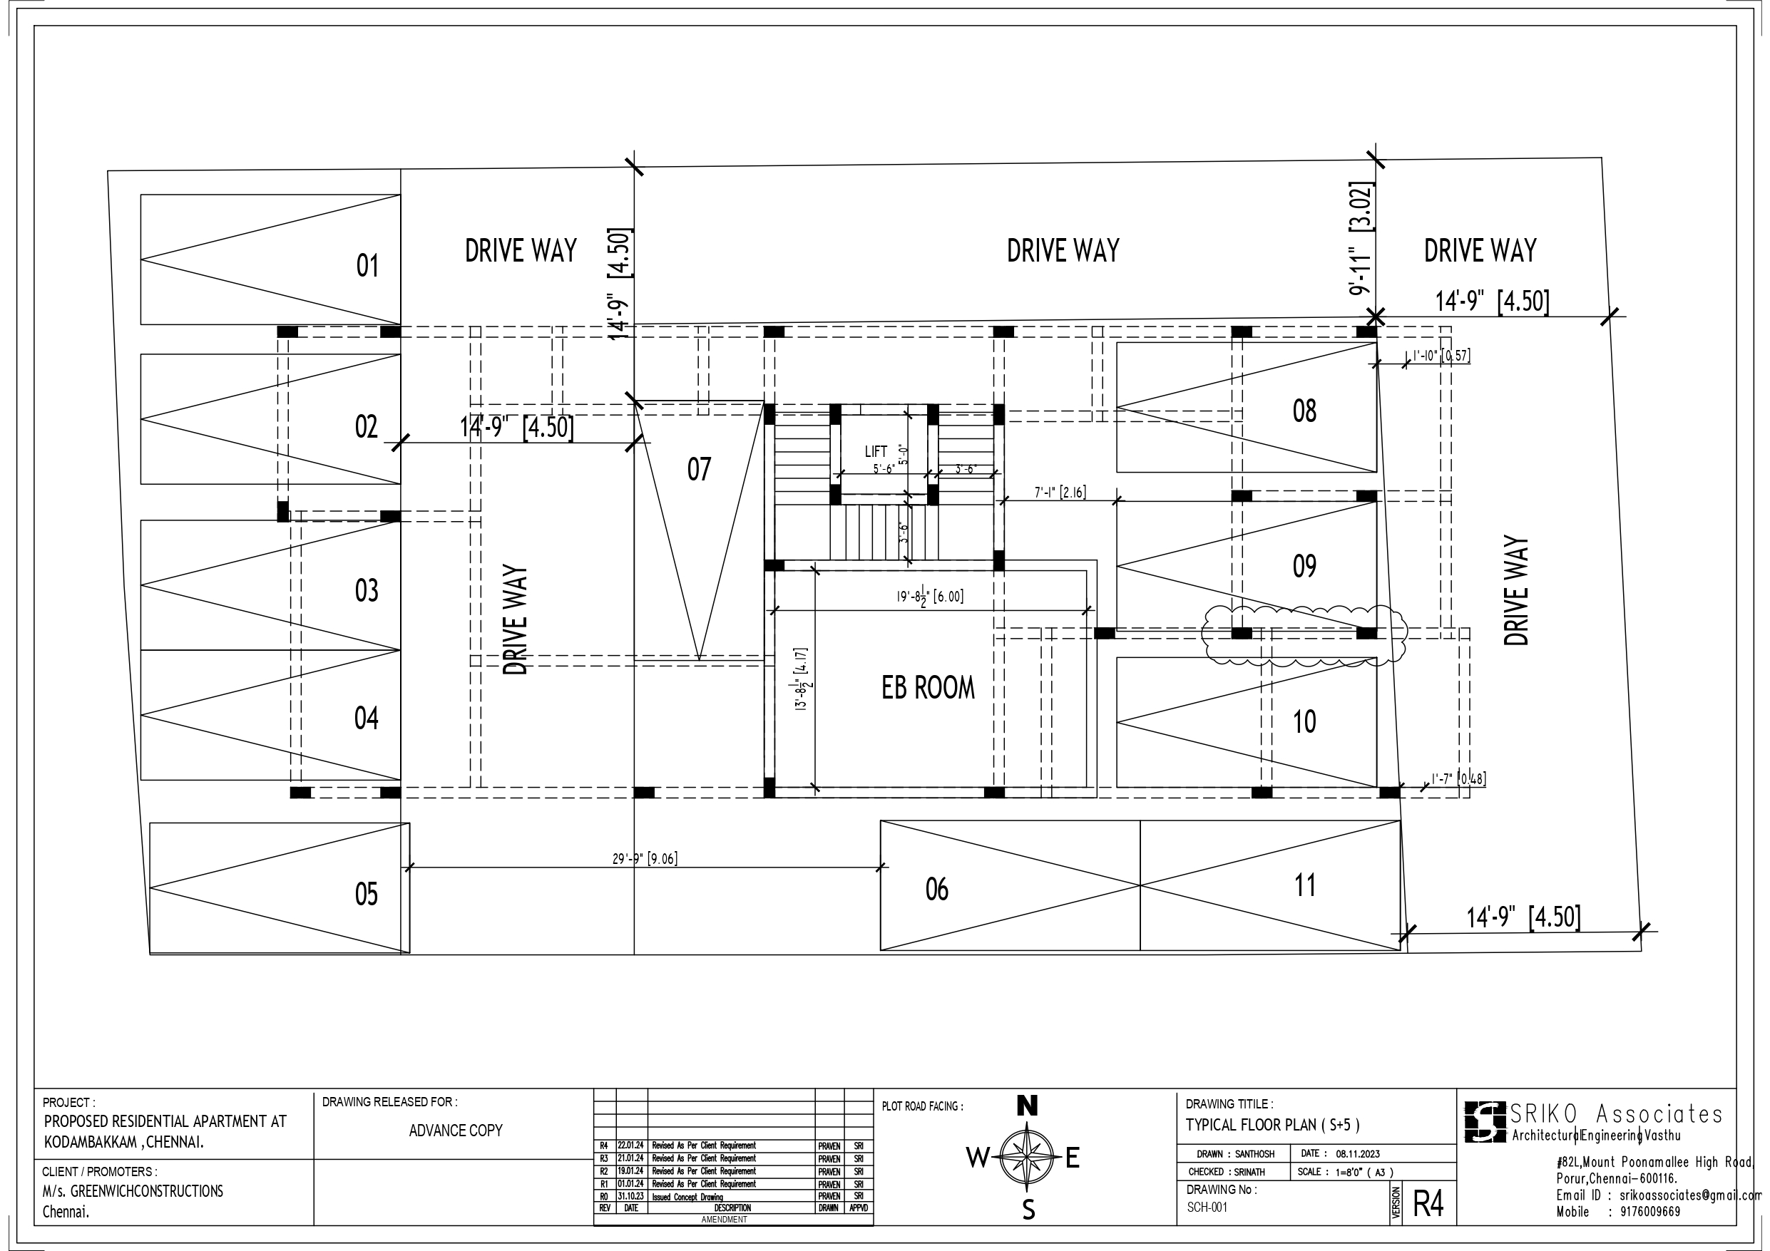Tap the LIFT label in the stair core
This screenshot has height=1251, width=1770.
[x=876, y=452]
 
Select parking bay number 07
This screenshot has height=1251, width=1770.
[x=698, y=470]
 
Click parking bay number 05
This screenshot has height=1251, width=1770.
[x=366, y=894]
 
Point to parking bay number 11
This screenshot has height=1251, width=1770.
[x=1304, y=885]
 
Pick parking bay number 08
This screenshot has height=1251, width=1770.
[x=1304, y=411]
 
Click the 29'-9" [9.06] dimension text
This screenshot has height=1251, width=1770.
[x=645, y=859]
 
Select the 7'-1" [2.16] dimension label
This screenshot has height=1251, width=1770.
[x=1060, y=492]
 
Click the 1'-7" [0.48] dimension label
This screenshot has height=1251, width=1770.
[x=1458, y=778]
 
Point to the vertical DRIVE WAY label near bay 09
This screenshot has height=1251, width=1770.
[x=1515, y=590]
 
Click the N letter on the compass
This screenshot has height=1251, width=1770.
[x=1027, y=1106]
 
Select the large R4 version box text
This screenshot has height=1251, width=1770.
[x=1428, y=1204]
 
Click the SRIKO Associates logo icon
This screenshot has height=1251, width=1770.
[x=1485, y=1121]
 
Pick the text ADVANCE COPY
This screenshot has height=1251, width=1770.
[x=456, y=1131]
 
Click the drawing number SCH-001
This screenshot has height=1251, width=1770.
[x=1207, y=1207]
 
